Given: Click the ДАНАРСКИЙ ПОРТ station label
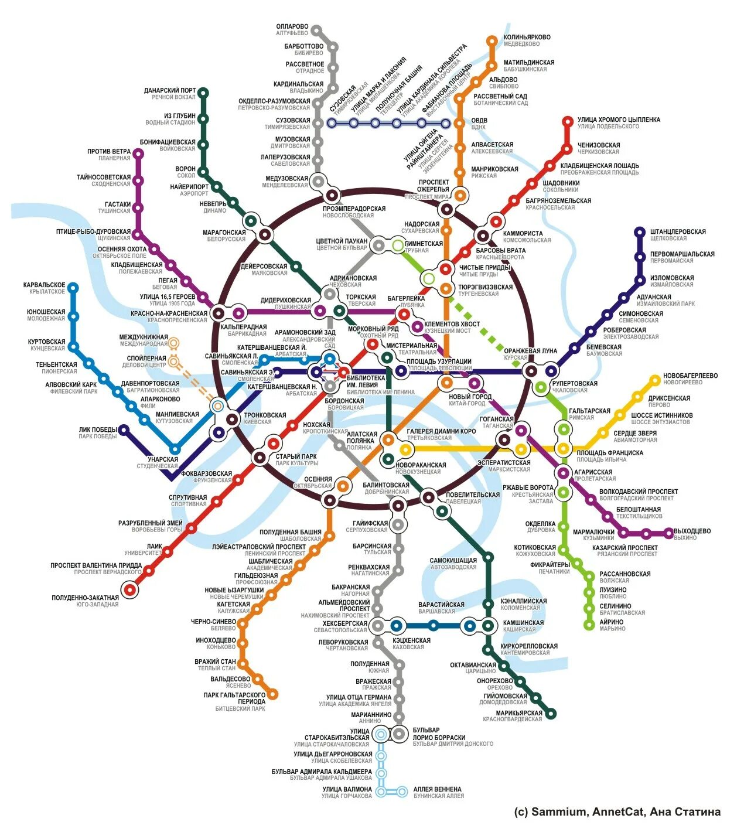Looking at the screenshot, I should coord(170,91).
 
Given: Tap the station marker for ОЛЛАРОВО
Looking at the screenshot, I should coord(316,29).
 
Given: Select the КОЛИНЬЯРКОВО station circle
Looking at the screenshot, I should coord(492,40).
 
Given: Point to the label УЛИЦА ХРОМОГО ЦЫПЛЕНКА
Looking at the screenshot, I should coord(619,120).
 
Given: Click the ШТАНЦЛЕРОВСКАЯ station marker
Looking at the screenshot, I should coord(640,232).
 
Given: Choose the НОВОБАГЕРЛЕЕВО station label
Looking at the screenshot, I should coord(690,376).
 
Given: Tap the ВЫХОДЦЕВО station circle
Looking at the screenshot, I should coord(668,534).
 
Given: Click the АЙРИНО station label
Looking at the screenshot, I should coord(612,622).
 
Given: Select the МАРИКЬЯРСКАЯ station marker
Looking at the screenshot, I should coord(551,714).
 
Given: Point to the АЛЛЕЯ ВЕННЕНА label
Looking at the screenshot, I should coord(437,789).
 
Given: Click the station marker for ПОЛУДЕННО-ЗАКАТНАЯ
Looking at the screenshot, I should coord(129,589).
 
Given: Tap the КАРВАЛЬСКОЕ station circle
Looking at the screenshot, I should coord(73,288).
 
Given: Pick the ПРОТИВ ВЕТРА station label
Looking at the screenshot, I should coord(109,152).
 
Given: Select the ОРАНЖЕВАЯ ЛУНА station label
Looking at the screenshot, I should coord(530,351).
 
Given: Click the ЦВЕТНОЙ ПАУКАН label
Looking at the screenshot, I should coord(342,241).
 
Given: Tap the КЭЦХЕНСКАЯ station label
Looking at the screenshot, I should coord(411,640).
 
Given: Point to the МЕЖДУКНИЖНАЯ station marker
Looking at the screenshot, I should coord(174,343).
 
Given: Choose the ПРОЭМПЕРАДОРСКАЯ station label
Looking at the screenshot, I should coord(354,209).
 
